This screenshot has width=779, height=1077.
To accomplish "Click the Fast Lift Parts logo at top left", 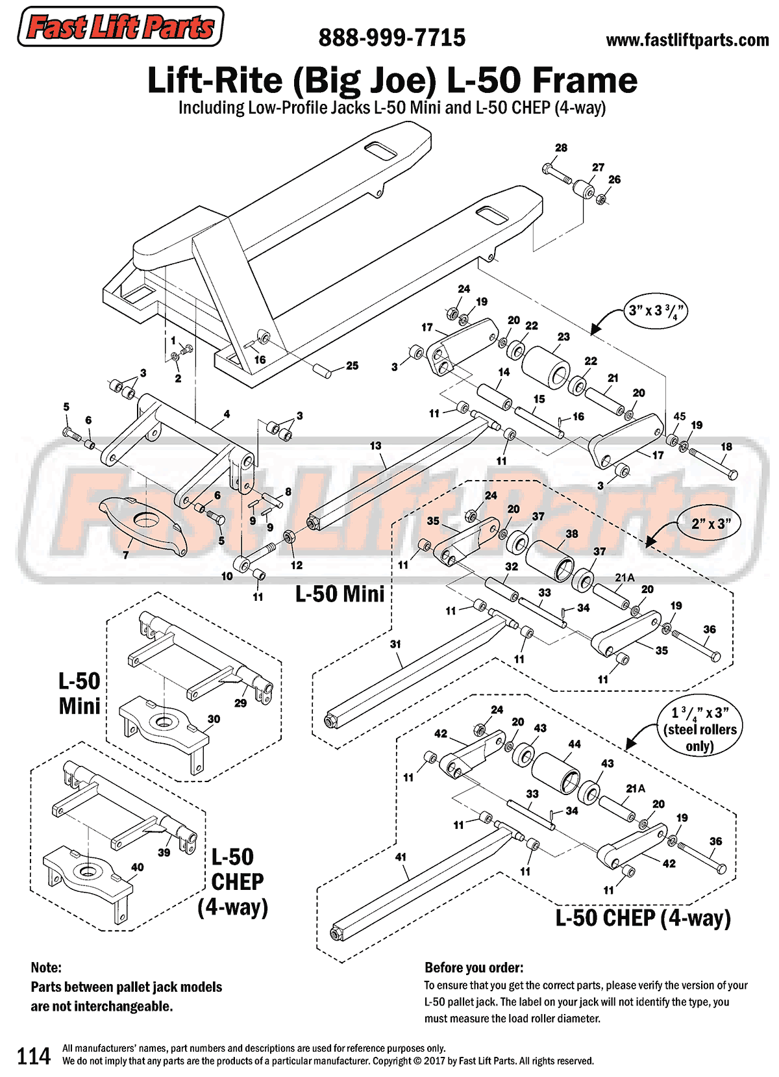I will click(x=120, y=27).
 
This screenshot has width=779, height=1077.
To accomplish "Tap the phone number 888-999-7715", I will click(x=391, y=38).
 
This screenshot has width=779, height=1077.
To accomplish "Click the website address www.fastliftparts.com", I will click(x=687, y=40).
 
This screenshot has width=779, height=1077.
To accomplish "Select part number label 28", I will click(x=561, y=148).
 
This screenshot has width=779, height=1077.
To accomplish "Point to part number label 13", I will click(x=376, y=446).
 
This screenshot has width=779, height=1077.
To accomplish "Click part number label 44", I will click(x=575, y=744).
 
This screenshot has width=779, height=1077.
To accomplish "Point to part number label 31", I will click(x=395, y=644).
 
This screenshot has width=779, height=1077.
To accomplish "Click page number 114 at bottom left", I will click(x=33, y=1056).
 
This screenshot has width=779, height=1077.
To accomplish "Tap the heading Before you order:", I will click(x=474, y=968).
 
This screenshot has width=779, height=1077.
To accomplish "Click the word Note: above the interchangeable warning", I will click(x=46, y=968).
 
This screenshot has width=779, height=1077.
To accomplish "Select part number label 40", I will click(x=138, y=867).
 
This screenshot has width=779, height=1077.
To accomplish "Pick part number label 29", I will click(x=240, y=703).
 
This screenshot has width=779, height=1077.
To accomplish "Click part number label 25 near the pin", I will click(x=352, y=366).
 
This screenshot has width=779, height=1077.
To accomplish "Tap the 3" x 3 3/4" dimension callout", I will click(x=656, y=310).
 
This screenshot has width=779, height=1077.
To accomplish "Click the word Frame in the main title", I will click(x=584, y=81).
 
